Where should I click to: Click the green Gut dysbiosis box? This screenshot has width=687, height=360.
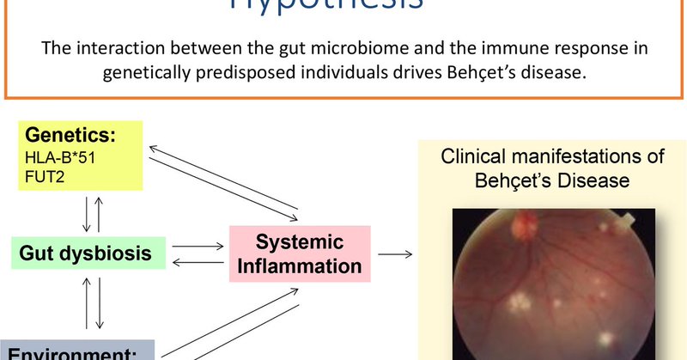coord(82,253)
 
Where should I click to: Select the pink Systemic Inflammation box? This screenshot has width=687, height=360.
coord(300,253)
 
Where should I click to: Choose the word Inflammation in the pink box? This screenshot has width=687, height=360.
coord(300,265)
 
